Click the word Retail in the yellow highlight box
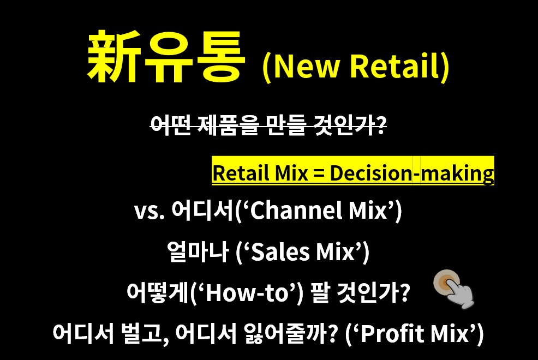[x=237, y=173]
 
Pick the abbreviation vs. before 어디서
[x=149, y=211]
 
